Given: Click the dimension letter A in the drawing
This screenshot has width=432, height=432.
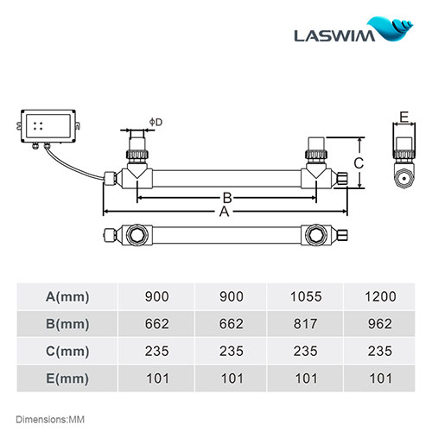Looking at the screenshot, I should click(x=225, y=211).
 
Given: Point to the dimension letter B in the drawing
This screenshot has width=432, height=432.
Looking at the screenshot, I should click(x=225, y=197).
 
